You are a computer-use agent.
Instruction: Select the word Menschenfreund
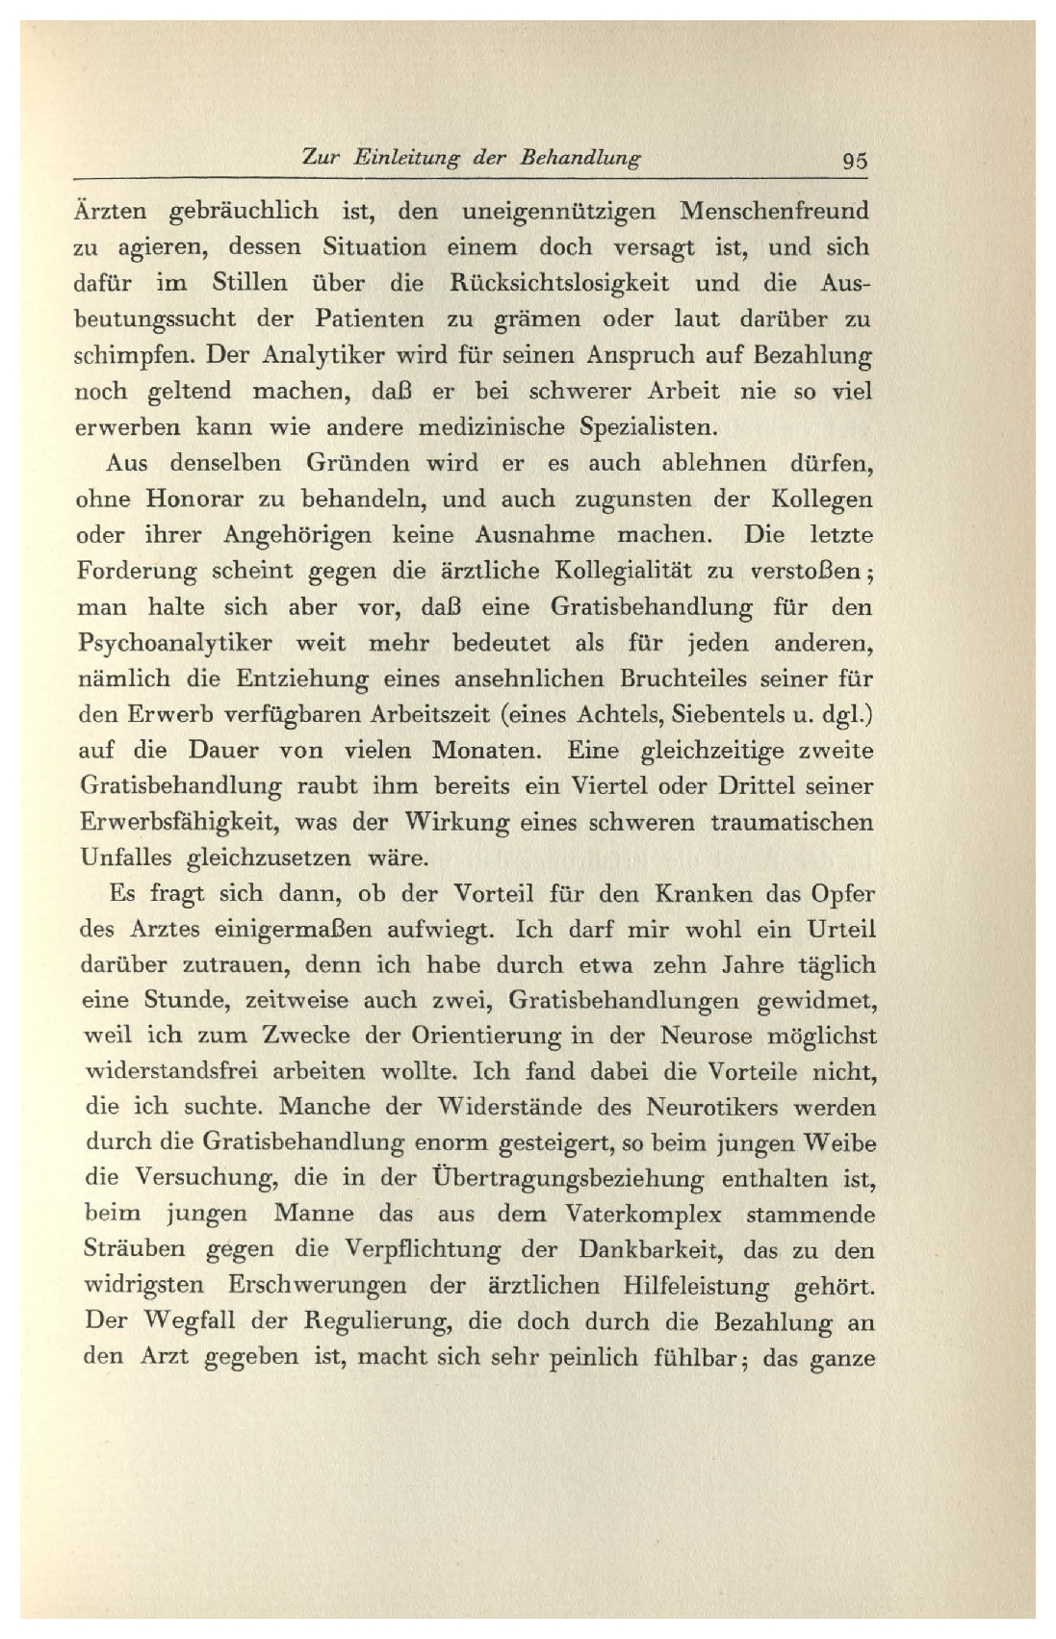[774, 210]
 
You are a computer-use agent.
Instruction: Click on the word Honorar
[204, 499]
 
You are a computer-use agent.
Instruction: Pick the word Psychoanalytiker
[174, 643]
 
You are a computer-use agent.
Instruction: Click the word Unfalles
[122, 858]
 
